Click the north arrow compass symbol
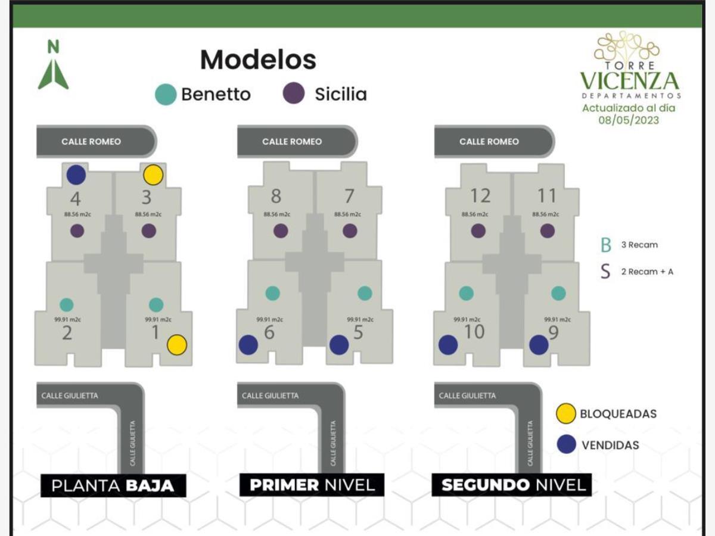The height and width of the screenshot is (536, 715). tap(53, 66)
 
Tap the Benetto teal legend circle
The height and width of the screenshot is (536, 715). tap(166, 95)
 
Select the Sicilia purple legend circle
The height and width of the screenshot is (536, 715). tap(294, 94)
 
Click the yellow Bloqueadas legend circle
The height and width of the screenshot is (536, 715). tap(565, 413)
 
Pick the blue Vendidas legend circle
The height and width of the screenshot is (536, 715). tap(566, 444)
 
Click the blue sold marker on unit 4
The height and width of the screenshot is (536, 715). tap(76, 175)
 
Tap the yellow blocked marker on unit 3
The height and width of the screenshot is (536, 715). tap(153, 175)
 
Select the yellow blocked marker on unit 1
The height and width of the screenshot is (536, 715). tap(177, 345)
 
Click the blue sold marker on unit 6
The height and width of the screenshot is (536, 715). tap(248, 345)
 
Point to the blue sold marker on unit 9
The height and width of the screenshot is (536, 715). tap(539, 345)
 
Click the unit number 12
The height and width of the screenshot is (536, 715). tap(480, 196)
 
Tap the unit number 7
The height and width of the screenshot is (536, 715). tap(349, 196)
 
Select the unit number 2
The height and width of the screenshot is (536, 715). tap(67, 333)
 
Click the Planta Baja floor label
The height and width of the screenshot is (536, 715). tap(113, 485)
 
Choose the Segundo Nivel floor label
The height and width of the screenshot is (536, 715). tap(512, 485)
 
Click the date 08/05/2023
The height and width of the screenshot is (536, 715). tap(629, 120)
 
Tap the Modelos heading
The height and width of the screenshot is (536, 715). tap(258, 60)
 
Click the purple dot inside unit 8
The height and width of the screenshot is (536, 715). tap(281, 231)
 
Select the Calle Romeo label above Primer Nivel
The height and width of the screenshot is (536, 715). tap(292, 142)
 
